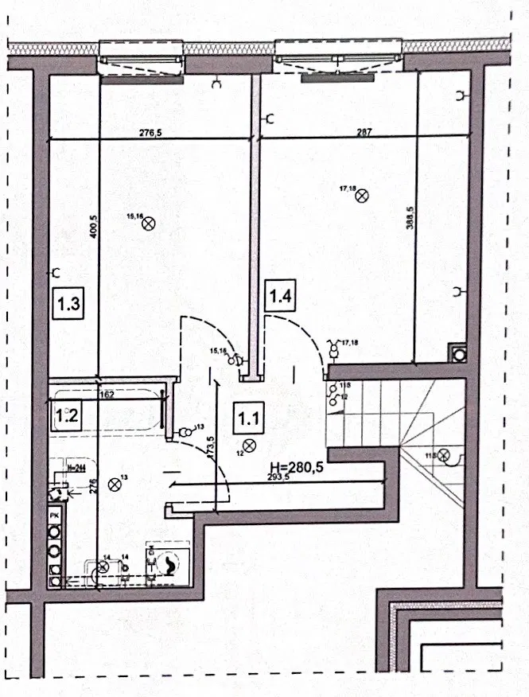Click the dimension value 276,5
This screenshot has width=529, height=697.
click(x=151, y=133)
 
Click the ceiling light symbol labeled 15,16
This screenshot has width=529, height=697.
click(x=147, y=224)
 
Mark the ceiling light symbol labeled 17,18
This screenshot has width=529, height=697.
click(x=363, y=194)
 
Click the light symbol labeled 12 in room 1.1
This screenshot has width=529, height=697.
click(x=249, y=445)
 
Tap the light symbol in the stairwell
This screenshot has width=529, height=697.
click(x=444, y=456)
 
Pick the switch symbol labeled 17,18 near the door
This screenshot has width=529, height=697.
click(x=334, y=348)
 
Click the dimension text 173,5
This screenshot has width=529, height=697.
click(x=210, y=449)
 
